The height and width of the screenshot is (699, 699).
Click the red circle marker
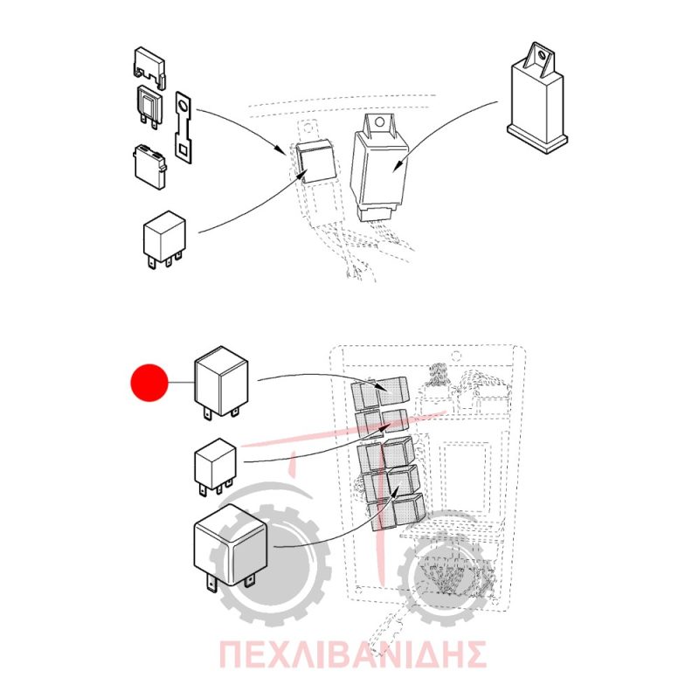pyautogui.click(x=149, y=383)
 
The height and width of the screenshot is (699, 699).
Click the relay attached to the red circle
pyautogui.click(x=221, y=383)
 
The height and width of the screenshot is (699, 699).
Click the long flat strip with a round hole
pyautogui.click(x=183, y=128)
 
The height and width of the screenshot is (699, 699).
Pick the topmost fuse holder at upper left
pyautogui.click(x=149, y=68)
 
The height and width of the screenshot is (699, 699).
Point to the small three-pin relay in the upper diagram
pyautogui.click(x=163, y=240)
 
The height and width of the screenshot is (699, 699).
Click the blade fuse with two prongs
pyautogui.click(x=149, y=107)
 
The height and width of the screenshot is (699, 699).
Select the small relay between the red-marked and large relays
pyautogui.click(x=215, y=467)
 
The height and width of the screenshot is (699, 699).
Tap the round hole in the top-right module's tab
pyautogui.click(x=542, y=55)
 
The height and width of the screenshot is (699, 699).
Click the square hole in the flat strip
pyautogui.click(x=183, y=149)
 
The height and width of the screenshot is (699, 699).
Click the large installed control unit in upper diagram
pyautogui.click(x=379, y=168)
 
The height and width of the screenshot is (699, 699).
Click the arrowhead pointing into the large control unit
pyautogui.click(x=400, y=164)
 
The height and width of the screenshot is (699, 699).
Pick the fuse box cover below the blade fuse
pyautogui.click(x=149, y=167)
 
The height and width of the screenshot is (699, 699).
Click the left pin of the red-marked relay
pyautogui.click(x=208, y=412)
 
